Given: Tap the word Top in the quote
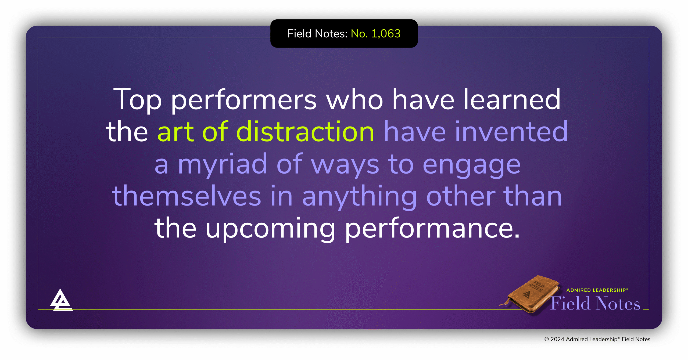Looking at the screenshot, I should coord(137,100).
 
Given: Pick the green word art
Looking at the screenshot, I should coord(175,132).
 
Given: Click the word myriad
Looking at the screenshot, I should coord(223,164).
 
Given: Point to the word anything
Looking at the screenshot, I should coord(359,197).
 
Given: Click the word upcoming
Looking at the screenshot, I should coord(270,229).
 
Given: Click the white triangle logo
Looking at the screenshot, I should coord(62,301).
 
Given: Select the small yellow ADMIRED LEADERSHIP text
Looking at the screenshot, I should coord(597,290).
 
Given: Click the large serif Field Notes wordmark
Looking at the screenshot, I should coord(596,304).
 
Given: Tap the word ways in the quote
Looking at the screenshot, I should coord(345,164).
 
